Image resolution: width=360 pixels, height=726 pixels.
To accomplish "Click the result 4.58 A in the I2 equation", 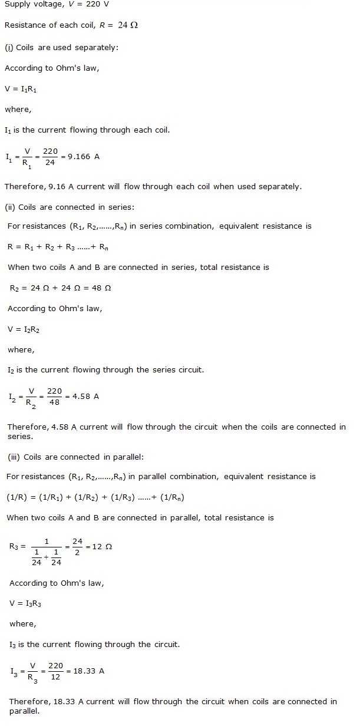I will (x=85, y=396).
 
